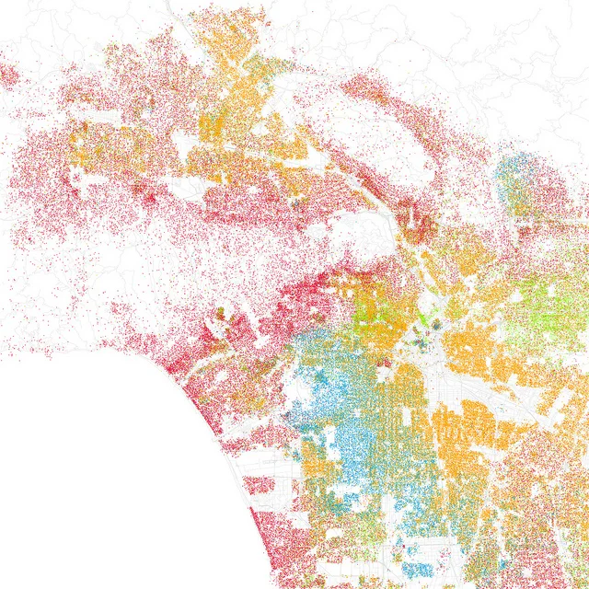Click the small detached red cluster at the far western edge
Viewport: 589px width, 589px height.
coord(7,74)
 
